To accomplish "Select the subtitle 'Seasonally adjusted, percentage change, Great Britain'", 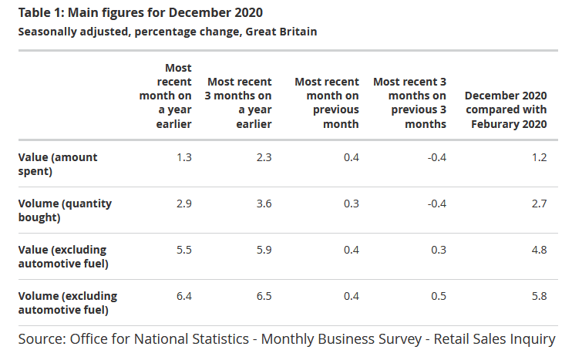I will click(x=167, y=32).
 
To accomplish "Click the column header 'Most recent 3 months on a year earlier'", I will click(x=239, y=103).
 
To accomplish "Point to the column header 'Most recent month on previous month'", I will click(x=327, y=103).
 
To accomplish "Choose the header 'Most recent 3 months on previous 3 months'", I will click(x=409, y=103).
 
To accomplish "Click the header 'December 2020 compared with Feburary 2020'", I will click(x=506, y=109).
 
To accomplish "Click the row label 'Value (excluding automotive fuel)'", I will click(x=62, y=256).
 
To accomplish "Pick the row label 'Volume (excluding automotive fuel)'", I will click(x=67, y=302).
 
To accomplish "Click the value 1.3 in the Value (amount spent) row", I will click(x=183, y=157).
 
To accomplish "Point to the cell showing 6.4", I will click(x=183, y=296).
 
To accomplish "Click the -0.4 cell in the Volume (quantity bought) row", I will click(x=436, y=204).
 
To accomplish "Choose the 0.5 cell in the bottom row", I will click(x=438, y=296).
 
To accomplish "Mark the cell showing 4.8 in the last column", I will click(x=539, y=250).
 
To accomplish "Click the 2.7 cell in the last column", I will click(x=539, y=204).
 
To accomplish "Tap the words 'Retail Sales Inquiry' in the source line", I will click(x=494, y=339).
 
